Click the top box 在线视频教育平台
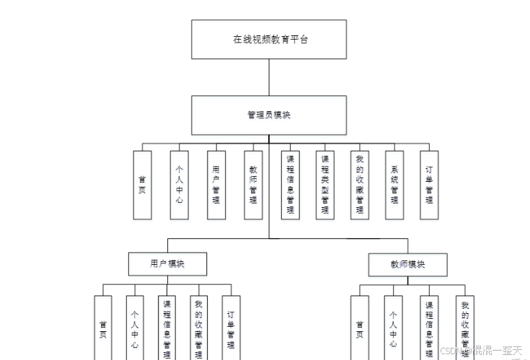point(268,39)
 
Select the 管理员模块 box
point(268,115)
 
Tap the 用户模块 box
point(167,264)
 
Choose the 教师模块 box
point(407,264)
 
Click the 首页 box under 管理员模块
point(142,185)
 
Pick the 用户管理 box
point(216,185)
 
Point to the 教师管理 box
point(252,185)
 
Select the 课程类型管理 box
point(324,185)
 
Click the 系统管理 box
point(394,185)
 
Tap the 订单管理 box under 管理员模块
point(429,185)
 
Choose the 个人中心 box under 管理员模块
point(179,185)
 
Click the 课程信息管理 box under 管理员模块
point(291,185)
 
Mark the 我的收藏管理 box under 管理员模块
point(359,185)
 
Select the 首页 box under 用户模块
point(103,328)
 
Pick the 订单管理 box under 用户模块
point(231,328)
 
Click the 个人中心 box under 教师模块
point(393,328)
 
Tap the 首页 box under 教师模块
point(360,328)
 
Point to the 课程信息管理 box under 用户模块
point(167,328)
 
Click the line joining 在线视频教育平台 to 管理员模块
point(269,77)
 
